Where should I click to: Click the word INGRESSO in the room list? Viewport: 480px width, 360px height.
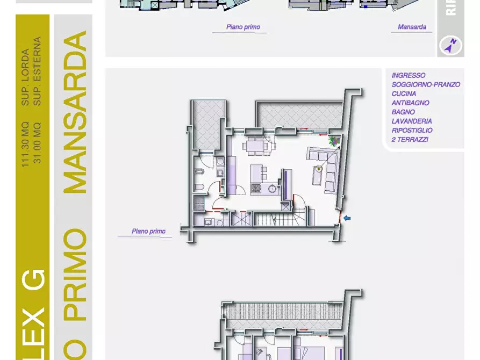click(409, 76)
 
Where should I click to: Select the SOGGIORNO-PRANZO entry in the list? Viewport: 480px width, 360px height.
click(426, 85)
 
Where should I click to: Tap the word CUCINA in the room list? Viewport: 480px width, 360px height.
click(404, 94)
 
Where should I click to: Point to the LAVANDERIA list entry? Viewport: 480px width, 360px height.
click(412, 121)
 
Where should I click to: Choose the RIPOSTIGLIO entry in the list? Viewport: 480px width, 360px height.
click(412, 131)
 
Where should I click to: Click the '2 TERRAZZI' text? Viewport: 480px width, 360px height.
click(410, 140)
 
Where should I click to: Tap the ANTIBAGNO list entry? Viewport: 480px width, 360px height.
click(410, 103)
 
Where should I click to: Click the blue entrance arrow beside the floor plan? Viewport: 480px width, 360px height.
click(347, 218)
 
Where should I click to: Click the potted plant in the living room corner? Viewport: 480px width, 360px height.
click(334, 141)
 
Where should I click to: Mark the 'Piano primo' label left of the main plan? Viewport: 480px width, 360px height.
click(148, 232)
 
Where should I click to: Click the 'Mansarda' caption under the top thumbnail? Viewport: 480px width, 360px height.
click(412, 27)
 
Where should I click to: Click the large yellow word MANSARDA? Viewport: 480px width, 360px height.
click(75, 112)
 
